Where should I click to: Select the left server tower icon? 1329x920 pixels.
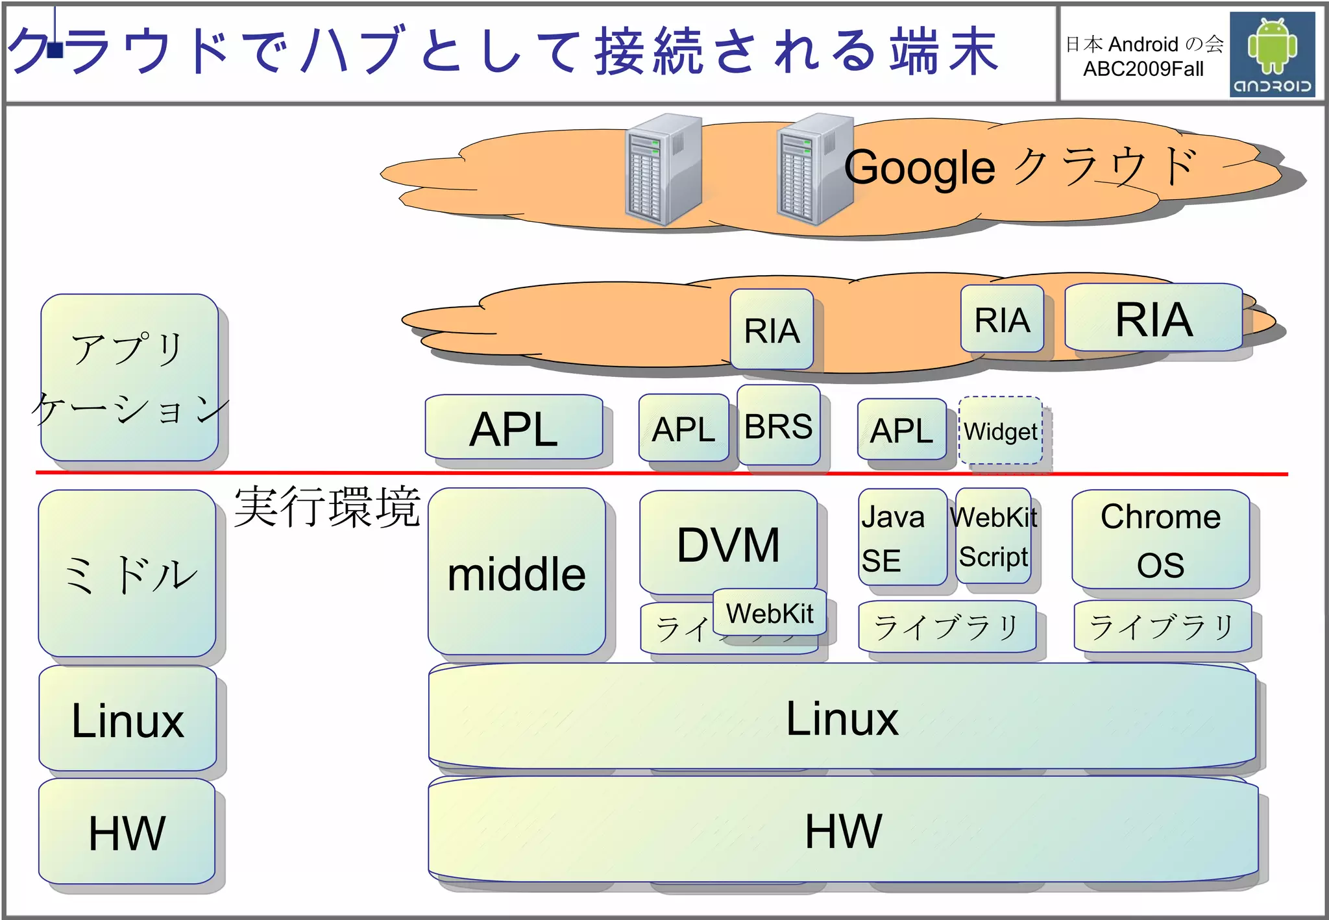pos(663,170)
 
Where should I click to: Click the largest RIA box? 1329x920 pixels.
pos(1153,319)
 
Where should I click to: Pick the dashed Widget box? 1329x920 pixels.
pos(1000,431)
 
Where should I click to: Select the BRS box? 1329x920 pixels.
pos(778,426)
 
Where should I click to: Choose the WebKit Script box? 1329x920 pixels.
pos(994,537)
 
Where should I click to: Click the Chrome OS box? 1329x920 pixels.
pos(1160,540)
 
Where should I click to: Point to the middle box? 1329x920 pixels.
pos(517,573)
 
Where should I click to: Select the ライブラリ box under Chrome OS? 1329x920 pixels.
pos(1162,627)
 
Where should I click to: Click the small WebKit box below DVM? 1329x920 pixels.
pos(770,612)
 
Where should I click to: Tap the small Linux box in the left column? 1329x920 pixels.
pos(127,720)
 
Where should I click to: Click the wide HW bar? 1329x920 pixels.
pos(842,830)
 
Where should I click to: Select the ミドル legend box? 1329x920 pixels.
pos(127,574)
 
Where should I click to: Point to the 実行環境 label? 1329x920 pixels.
pos(327,507)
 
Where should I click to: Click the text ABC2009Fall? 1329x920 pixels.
pos(1143,69)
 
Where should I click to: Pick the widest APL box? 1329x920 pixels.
pos(513,428)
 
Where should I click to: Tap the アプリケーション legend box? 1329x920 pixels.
pos(129,378)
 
